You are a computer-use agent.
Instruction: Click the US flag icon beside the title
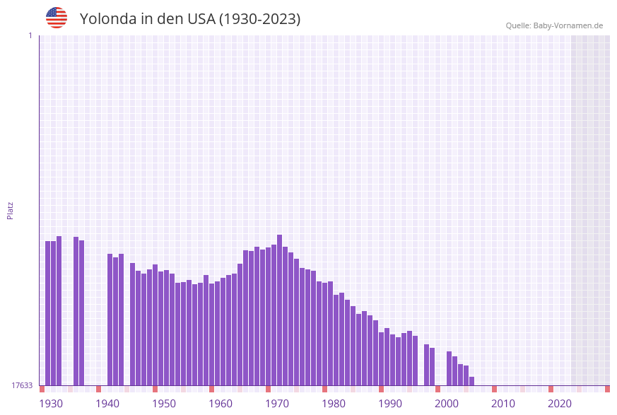pos(57,18)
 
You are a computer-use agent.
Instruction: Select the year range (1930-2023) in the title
pos(259,19)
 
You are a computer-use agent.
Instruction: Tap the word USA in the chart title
pos(201,19)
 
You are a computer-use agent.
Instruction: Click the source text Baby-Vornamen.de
pos(569,25)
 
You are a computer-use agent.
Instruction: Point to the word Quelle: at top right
pos(519,25)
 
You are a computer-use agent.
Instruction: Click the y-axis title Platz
pos(11,210)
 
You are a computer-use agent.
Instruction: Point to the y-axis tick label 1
pos(30,35)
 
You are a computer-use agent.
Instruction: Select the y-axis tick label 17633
pos(22,385)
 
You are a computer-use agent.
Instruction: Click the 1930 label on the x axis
pos(51,404)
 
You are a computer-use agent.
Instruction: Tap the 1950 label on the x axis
pos(164,404)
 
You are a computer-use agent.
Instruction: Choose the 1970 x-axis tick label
pos(277,404)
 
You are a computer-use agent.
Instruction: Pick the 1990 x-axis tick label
pos(390,404)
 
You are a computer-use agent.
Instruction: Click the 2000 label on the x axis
pos(447,404)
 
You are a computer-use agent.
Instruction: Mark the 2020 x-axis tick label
pos(560,404)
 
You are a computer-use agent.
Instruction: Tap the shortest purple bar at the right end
pos(472,381)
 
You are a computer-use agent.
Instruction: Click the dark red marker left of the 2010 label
pos(495,389)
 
